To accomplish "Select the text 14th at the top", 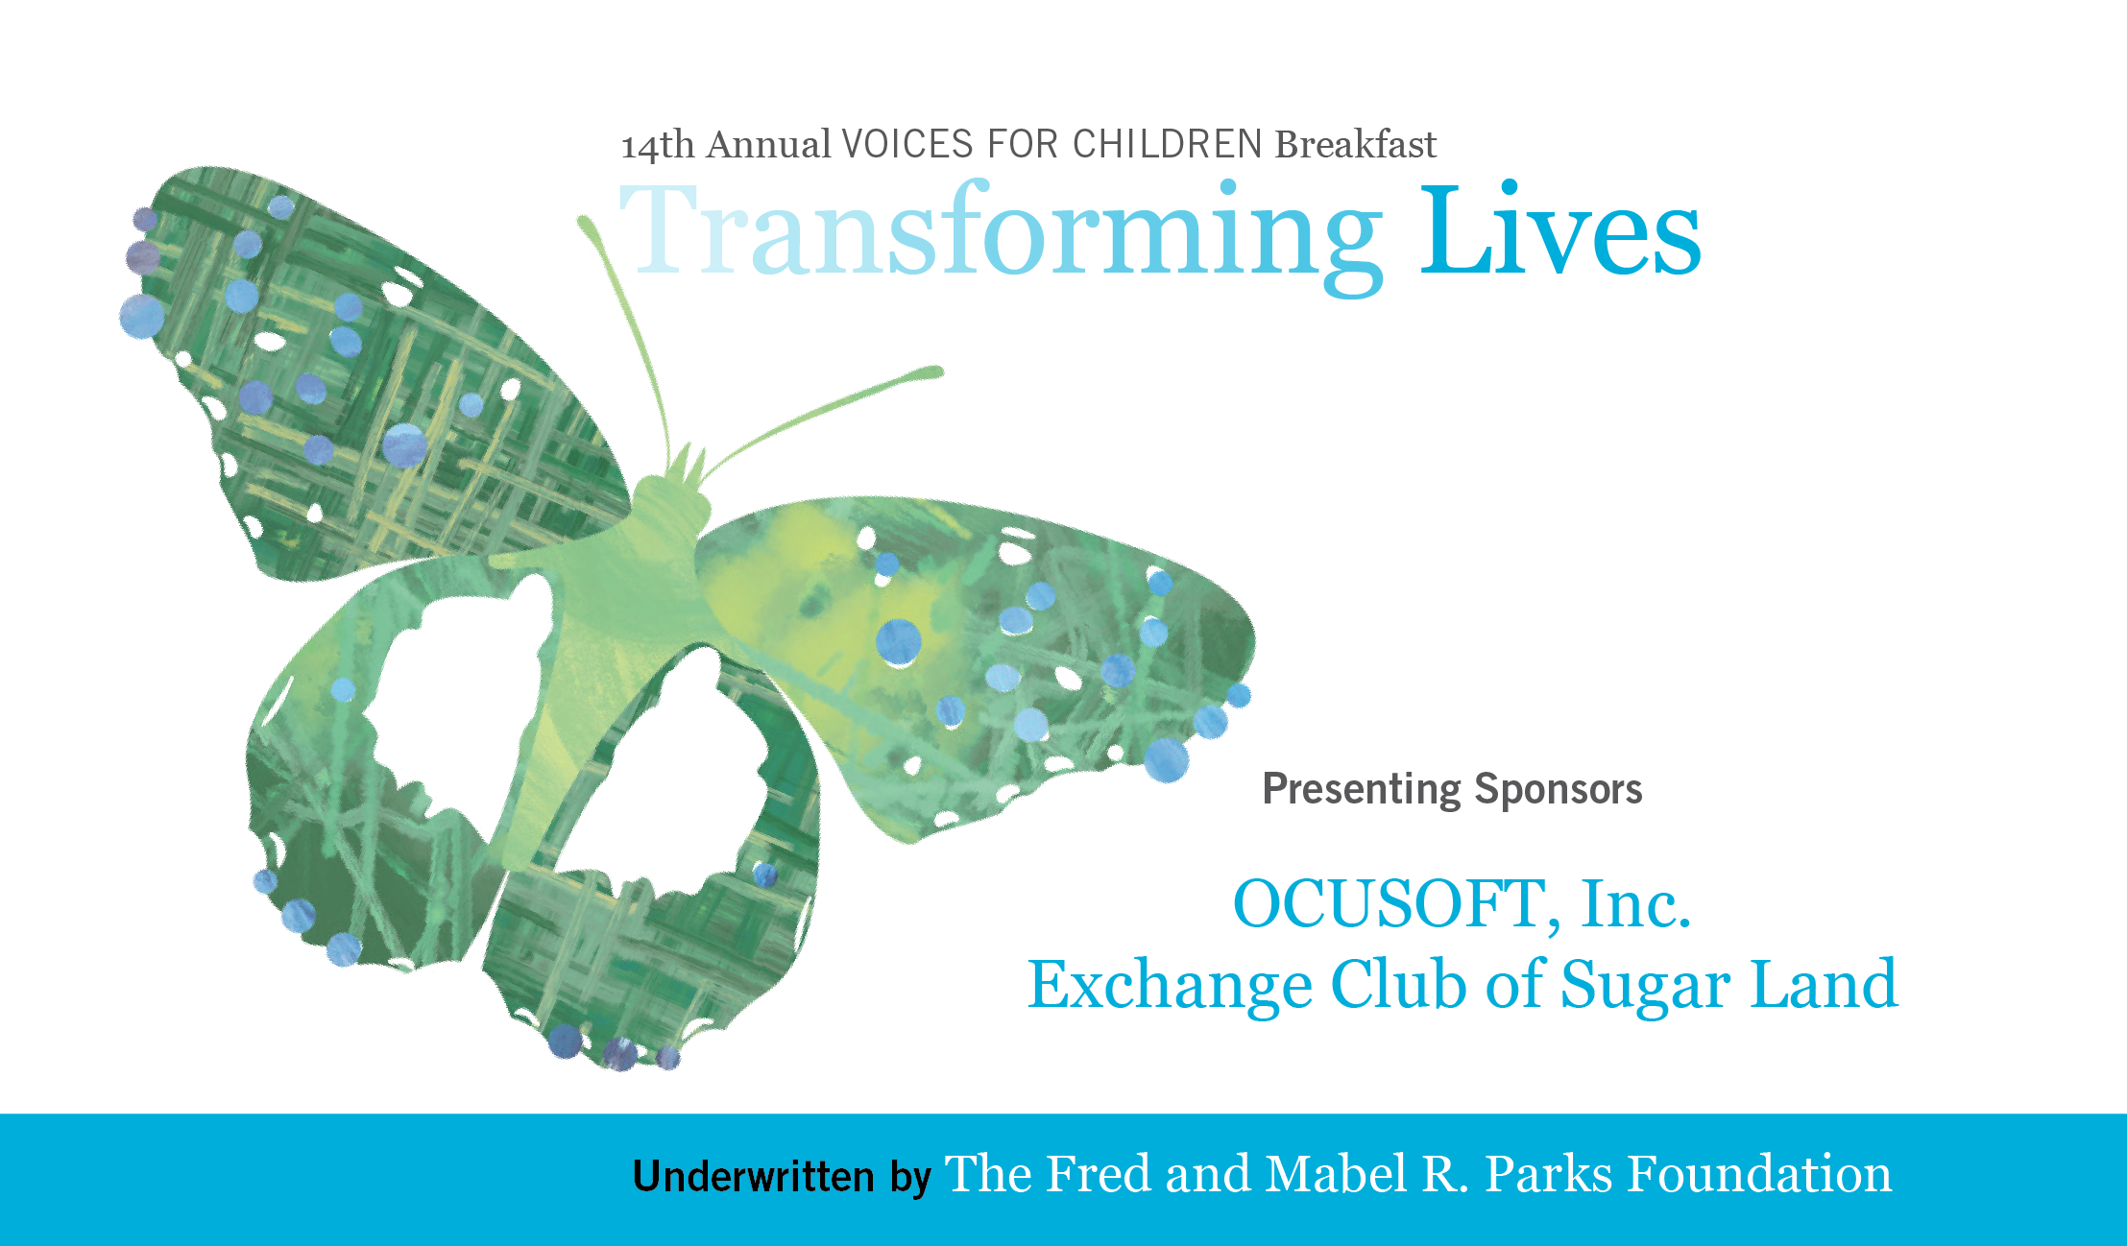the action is [x=659, y=146].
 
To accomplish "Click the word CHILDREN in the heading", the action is [x=1167, y=145].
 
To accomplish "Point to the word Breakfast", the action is [x=1355, y=144].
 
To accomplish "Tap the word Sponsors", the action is [x=1559, y=790].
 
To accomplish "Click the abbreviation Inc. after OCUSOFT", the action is [x=1636, y=904].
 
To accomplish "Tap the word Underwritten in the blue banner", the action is [x=754, y=1176].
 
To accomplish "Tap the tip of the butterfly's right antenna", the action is [x=935, y=371].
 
